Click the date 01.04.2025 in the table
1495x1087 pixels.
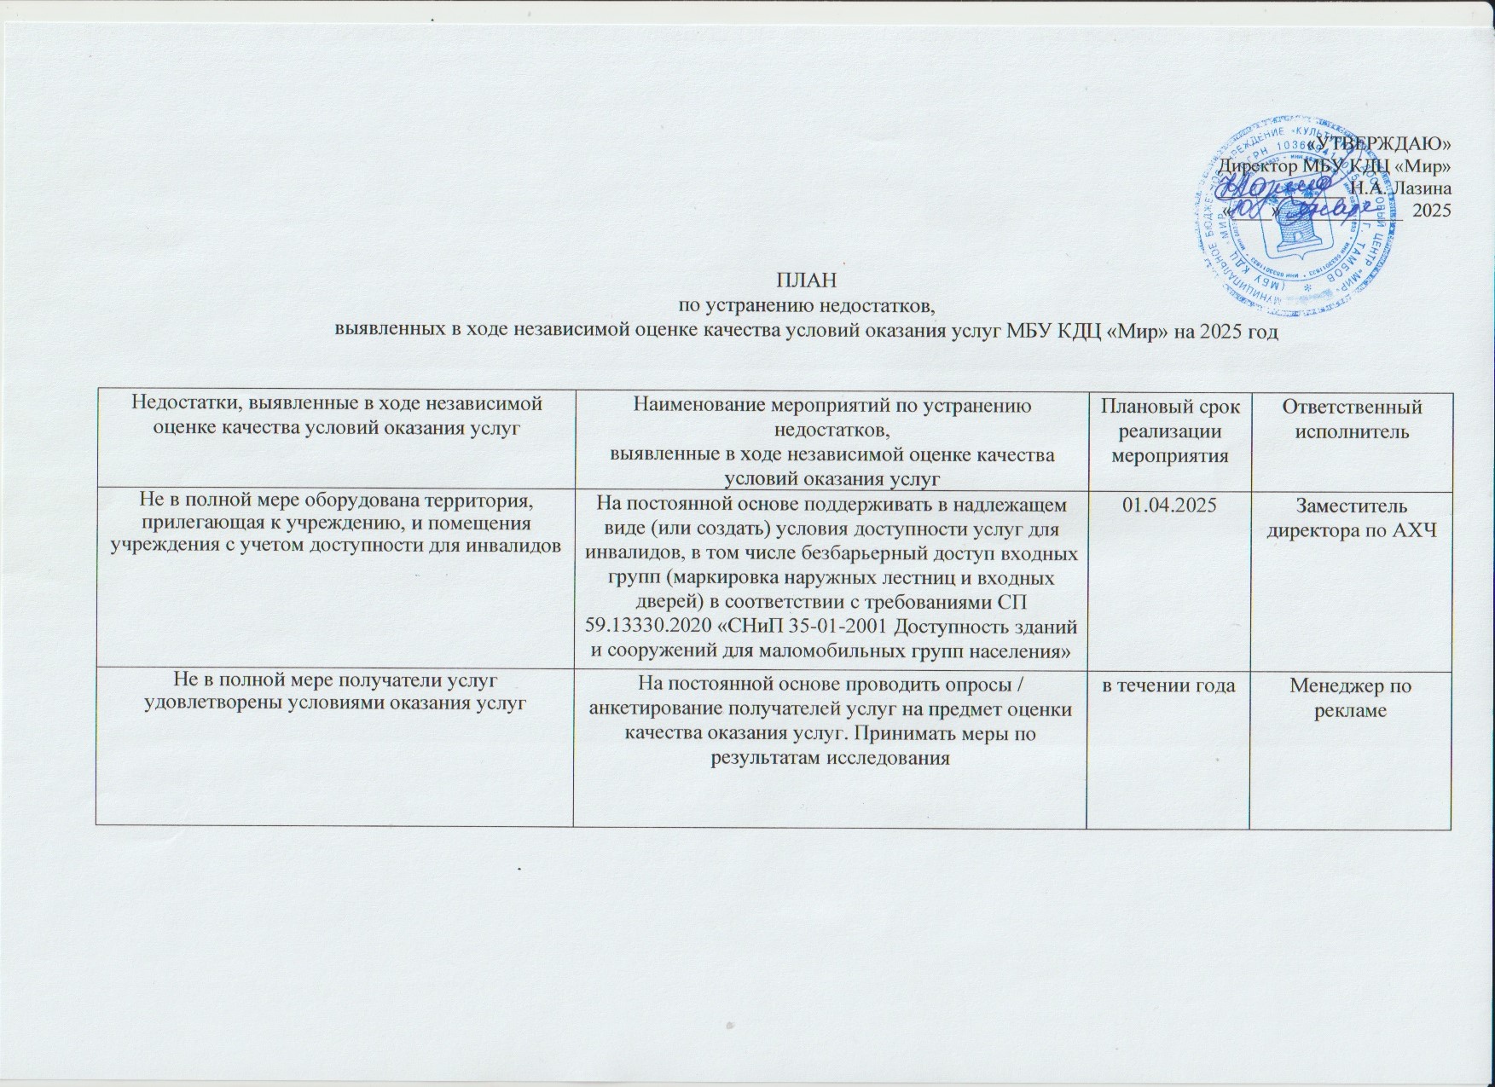[1167, 505]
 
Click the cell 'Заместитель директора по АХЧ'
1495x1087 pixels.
[1351, 517]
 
